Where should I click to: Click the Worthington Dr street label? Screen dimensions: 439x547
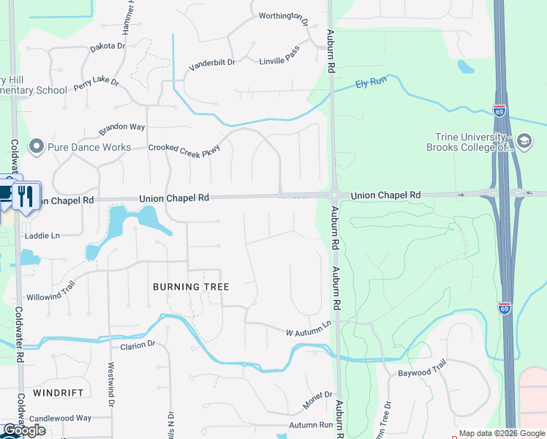[283, 17]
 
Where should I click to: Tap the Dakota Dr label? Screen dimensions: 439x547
[107, 46]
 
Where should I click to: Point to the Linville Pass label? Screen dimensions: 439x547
[279, 59]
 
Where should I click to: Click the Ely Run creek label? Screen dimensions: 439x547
[370, 83]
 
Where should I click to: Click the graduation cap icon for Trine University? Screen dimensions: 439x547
[524, 140]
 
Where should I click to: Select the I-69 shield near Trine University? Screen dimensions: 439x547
[499, 111]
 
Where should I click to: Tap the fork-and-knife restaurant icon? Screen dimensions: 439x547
[26, 196]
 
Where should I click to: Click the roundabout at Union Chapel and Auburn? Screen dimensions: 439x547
[333, 195]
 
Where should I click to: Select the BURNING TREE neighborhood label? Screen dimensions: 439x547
[191, 287]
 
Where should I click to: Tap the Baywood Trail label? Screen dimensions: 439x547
[421, 372]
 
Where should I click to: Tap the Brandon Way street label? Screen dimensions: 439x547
[122, 127]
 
